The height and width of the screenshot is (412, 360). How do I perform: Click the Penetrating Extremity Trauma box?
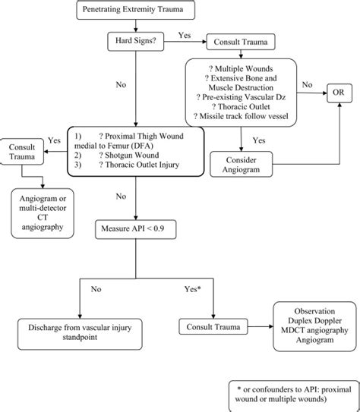136,10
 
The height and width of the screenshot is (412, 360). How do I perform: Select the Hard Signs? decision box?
136,41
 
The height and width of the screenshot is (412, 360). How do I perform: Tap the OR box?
339,93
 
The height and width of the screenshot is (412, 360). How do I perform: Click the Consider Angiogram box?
242,164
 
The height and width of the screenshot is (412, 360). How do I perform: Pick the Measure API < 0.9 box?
136,229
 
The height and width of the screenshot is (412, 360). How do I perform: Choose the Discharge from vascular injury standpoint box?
80,334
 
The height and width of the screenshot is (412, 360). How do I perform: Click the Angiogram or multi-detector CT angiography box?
43,213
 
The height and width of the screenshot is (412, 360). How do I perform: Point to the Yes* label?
192,289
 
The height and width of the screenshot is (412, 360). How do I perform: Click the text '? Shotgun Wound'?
129,155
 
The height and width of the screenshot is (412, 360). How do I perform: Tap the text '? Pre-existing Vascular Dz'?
241,97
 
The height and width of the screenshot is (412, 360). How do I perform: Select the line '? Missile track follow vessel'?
241,116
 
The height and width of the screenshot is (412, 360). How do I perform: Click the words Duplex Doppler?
314,321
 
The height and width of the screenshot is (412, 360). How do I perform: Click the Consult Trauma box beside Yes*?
213,326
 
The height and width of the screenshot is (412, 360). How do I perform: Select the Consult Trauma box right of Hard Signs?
241,42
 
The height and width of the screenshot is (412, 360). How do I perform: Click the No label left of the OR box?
307,85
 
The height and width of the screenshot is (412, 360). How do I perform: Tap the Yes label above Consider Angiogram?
259,140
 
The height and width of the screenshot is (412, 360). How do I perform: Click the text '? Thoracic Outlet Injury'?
139,165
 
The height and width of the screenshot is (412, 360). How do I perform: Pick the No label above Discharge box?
96,289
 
